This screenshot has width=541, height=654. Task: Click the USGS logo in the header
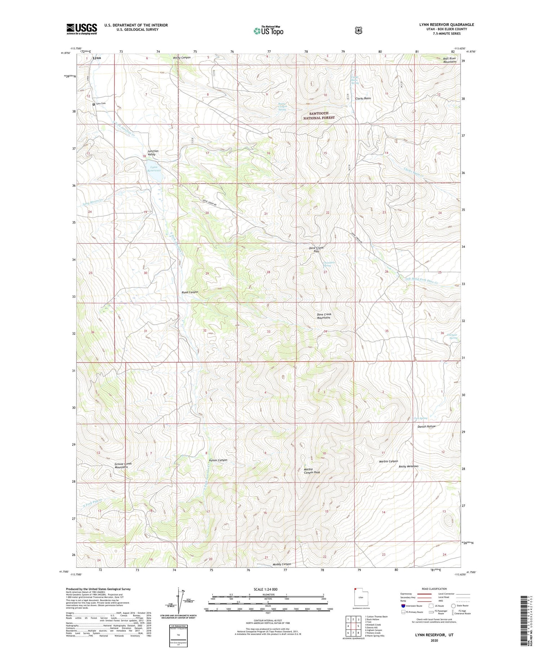click(82, 29)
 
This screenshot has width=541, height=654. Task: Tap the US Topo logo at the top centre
click(268, 31)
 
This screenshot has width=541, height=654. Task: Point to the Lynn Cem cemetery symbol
click(94, 104)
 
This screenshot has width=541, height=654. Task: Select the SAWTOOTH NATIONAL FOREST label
click(319, 115)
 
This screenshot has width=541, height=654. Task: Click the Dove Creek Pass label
click(316, 249)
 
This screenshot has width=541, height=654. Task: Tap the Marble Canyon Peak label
click(312, 471)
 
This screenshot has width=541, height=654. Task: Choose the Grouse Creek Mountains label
click(123, 465)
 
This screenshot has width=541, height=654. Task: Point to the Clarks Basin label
click(363, 98)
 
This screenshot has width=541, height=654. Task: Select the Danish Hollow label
click(426, 426)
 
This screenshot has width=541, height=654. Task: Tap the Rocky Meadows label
click(408, 466)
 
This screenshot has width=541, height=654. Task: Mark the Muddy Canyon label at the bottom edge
click(282, 564)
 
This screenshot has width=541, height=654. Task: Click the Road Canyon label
click(190, 292)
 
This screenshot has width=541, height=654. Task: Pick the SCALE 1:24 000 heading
click(268, 589)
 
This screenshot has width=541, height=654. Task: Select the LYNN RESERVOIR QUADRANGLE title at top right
click(447, 25)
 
